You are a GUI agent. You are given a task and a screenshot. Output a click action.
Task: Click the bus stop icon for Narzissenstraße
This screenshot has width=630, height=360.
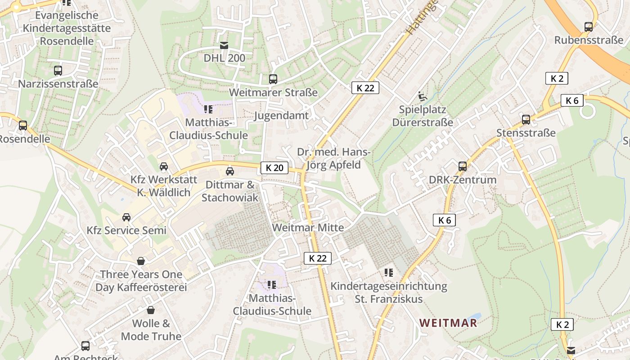point(58,71)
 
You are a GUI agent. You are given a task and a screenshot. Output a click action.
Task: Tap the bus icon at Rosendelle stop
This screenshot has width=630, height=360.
point(23,126)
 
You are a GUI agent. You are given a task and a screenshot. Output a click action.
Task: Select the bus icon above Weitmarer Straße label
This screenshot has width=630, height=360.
point(273,79)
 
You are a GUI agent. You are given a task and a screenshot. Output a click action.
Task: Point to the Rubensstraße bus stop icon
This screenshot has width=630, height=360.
point(588,27)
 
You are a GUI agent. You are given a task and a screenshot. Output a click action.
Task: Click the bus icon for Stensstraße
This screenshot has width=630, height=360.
point(526,120)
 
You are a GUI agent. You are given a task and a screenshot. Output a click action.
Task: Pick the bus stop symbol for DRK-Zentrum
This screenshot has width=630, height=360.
point(462,166)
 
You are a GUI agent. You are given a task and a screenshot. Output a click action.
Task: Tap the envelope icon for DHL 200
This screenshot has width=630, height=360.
point(224,45)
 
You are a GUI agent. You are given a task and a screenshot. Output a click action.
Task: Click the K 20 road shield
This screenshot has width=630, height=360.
point(274,168)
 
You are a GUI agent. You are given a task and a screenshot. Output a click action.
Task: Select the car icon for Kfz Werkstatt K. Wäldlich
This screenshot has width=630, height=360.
point(164,166)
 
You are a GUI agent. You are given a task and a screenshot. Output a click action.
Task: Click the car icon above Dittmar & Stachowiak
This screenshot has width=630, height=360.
point(230,171)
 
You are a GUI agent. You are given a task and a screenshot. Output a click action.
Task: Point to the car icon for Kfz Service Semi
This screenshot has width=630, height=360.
point(126,217)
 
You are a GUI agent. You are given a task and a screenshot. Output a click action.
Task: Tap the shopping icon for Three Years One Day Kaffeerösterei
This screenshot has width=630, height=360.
point(141,261)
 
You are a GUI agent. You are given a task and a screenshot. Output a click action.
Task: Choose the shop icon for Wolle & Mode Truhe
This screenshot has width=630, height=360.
point(151,310)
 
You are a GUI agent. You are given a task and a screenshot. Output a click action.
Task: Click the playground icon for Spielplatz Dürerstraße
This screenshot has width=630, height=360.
point(422,96)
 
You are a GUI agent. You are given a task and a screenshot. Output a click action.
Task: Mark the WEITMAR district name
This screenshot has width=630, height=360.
point(448,323)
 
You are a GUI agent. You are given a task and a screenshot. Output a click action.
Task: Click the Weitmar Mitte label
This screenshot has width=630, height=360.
point(308,228)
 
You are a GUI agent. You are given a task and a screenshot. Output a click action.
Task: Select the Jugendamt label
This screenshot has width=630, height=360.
point(281,116)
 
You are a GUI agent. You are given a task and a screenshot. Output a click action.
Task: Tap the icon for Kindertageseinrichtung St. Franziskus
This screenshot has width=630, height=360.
point(389,273)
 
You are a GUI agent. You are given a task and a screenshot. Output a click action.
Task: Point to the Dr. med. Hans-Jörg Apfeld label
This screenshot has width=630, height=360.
point(333,158)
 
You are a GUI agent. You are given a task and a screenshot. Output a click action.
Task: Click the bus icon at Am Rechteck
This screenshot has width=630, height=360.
point(85,346)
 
